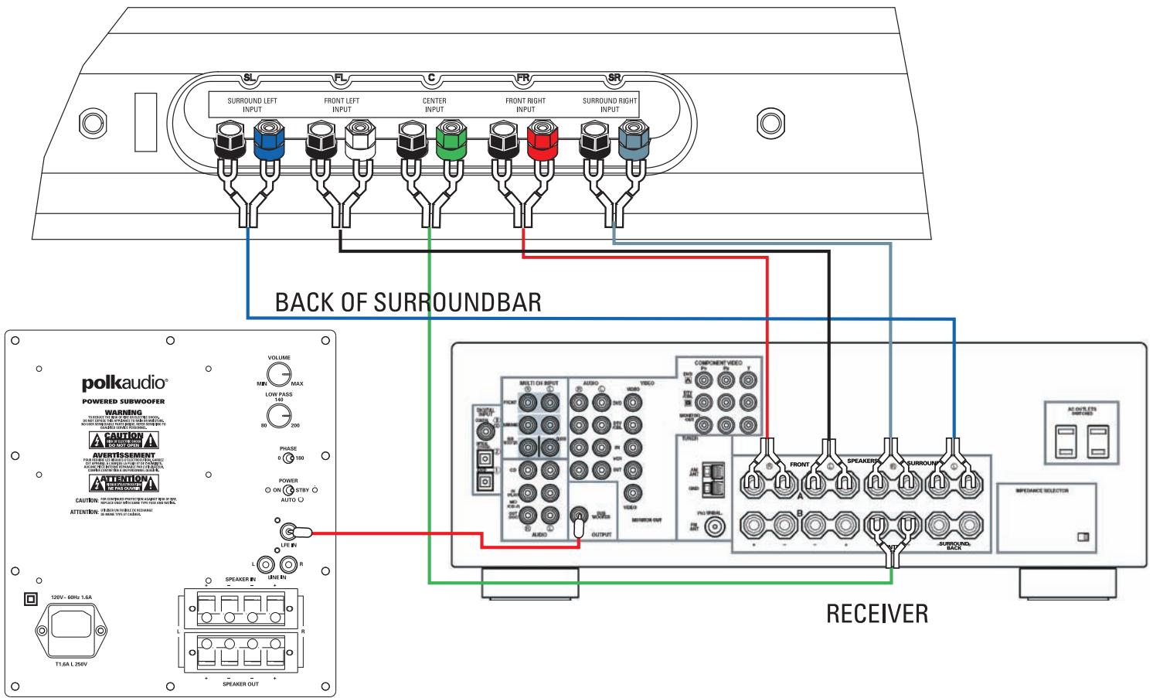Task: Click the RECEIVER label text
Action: pyautogui.click(x=876, y=615)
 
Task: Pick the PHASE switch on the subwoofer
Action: pyautogui.click(x=288, y=458)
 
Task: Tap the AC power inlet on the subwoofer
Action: pyautogui.click(x=73, y=626)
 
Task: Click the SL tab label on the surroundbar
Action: pyautogui.click(x=249, y=78)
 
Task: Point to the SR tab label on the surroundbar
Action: pyautogui.click(x=614, y=78)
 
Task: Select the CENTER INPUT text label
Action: pyautogui.click(x=434, y=105)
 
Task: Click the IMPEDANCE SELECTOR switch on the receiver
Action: pyautogui.click(x=1082, y=536)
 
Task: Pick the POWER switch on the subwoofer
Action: pyautogui.click(x=288, y=490)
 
